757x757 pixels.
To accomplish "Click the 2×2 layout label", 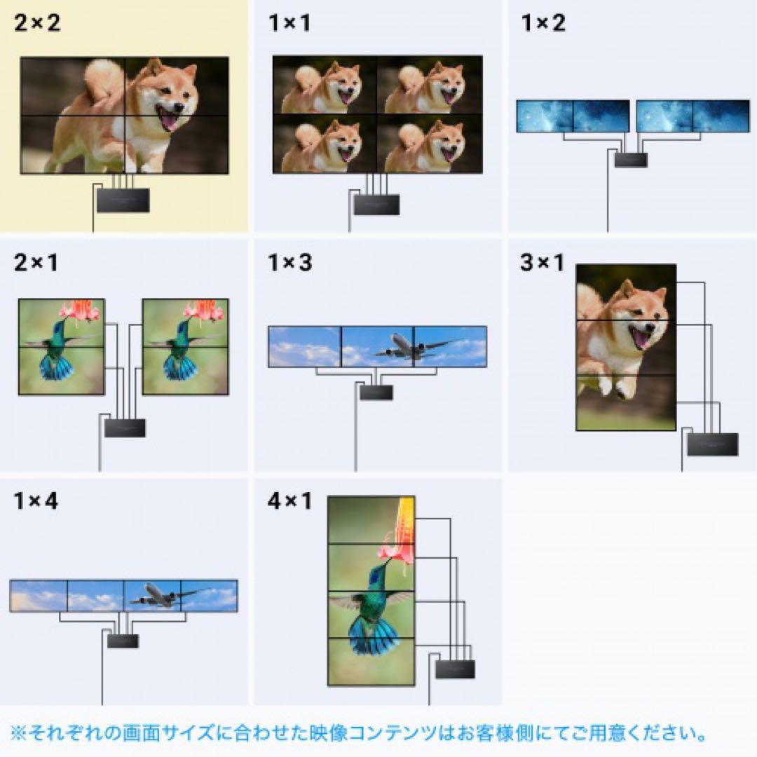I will pyautogui.click(x=37, y=23).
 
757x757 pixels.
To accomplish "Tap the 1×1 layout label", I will pyautogui.click(x=289, y=23).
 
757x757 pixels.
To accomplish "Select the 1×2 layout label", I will pyautogui.click(x=543, y=23).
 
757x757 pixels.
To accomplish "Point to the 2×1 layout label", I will pyautogui.click(x=36, y=263).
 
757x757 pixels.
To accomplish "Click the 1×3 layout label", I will pyautogui.click(x=289, y=263).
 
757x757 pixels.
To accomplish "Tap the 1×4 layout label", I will pyautogui.click(x=36, y=502).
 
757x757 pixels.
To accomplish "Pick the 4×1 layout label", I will pyautogui.click(x=289, y=502).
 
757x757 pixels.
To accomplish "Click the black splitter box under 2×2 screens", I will pyautogui.click(x=123, y=200).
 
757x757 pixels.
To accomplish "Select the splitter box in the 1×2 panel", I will pyautogui.click(x=631, y=160).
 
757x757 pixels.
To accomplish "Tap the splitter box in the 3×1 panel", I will pyautogui.click(x=712, y=444).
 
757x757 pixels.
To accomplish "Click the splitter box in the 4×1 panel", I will pyautogui.click(x=455, y=669).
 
